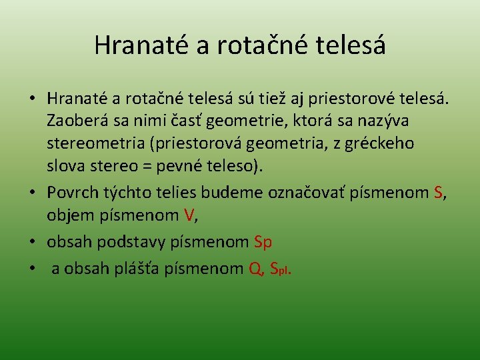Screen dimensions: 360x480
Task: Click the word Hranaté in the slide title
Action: [x=134, y=45]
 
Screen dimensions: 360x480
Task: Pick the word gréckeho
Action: [x=382, y=143]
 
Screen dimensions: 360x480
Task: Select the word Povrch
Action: [x=71, y=193]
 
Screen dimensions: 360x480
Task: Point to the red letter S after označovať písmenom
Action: [x=437, y=193]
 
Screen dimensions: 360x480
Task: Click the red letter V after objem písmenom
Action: [x=191, y=215]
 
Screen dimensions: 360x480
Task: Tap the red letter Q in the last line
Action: [x=255, y=269]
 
